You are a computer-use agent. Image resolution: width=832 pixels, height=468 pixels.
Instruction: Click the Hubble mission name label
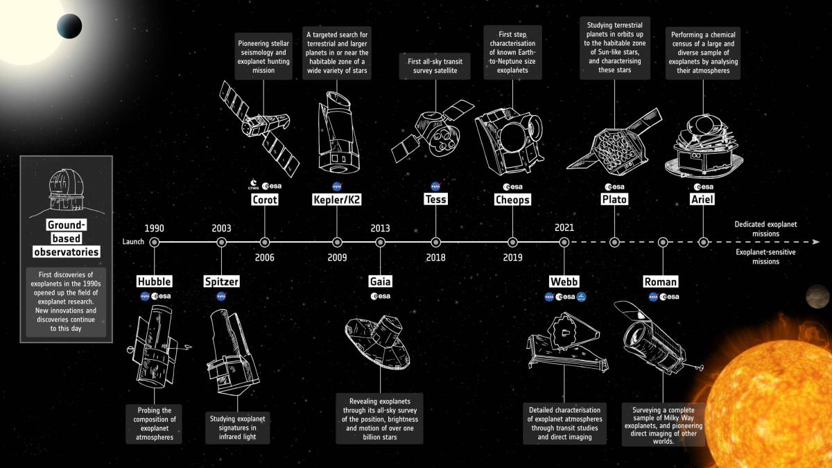154,281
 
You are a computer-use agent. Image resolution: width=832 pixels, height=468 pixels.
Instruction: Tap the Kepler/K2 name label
336,200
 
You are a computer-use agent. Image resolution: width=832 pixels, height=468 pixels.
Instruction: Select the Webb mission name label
564,281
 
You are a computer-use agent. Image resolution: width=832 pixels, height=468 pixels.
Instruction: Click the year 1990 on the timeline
154,228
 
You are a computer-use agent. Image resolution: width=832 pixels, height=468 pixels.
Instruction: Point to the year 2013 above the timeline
380,228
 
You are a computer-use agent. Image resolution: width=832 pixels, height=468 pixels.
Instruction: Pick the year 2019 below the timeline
512,257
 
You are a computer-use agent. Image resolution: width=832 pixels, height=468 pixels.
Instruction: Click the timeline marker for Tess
435,242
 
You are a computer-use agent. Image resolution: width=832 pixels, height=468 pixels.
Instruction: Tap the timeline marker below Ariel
703,242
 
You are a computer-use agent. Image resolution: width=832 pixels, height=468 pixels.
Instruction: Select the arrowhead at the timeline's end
816,242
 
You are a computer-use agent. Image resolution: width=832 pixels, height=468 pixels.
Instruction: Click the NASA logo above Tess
435,186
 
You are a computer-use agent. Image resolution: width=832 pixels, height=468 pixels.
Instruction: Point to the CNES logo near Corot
254,184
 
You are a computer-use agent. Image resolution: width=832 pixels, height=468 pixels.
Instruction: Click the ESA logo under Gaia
381,296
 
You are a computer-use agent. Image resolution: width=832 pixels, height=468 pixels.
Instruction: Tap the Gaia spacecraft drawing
377,343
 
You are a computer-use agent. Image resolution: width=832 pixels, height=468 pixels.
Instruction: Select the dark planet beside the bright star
69,26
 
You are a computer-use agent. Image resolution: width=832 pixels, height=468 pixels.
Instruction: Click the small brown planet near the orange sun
817,297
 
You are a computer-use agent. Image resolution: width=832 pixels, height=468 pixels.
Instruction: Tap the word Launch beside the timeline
133,242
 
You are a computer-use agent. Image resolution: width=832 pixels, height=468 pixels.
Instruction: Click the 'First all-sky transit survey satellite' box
435,66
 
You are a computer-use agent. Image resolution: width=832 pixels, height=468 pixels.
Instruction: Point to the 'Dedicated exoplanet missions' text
765,229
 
